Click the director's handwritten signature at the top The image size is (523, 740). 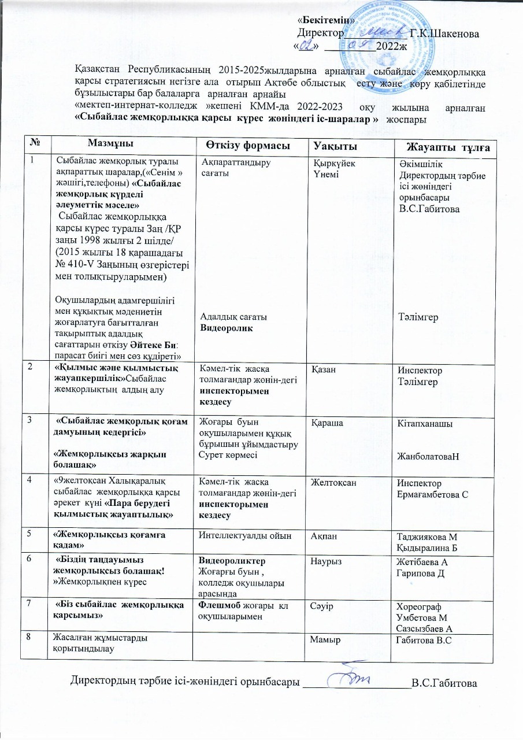coord(372,32)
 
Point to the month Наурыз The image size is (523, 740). coord(327,561)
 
